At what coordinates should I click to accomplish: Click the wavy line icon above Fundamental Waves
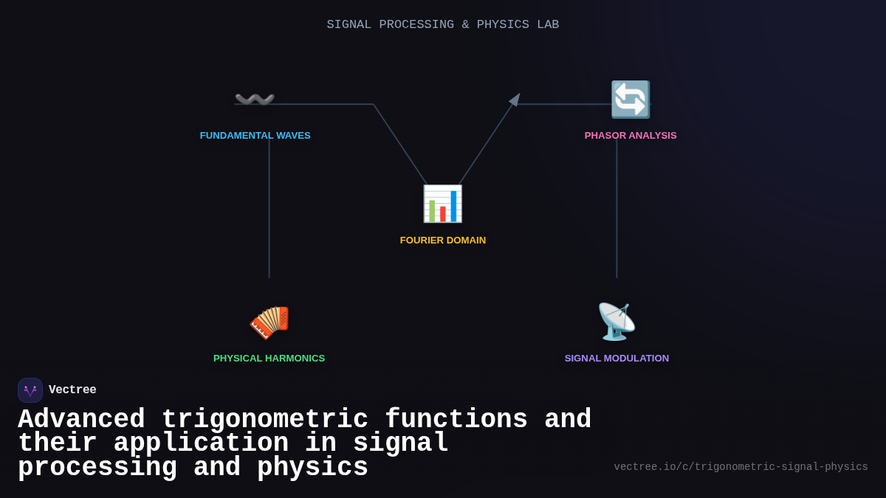tap(255, 99)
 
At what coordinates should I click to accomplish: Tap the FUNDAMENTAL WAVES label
tap(255, 136)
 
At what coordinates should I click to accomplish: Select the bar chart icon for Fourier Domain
tap(442, 204)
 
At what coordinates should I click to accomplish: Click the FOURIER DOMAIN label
tap(442, 241)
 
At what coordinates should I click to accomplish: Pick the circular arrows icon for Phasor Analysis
tap(630, 100)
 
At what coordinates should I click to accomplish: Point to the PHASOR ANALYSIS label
tap(630, 136)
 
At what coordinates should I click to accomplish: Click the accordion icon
tap(269, 322)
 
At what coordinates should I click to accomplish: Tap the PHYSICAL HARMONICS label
tap(269, 359)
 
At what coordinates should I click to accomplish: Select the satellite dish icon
tap(616, 322)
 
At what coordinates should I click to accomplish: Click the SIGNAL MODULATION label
tap(617, 359)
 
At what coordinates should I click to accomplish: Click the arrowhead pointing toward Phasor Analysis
tap(515, 100)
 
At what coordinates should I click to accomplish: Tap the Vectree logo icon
tap(30, 390)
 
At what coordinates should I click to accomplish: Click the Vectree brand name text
tap(72, 390)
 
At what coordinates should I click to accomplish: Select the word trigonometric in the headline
tap(264, 420)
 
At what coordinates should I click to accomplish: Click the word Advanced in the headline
tap(81, 420)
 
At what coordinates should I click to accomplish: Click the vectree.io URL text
tap(741, 467)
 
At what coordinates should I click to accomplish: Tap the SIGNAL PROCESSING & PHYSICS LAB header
tap(442, 25)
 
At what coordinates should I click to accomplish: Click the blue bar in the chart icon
tap(453, 207)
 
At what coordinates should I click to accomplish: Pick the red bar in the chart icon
tap(443, 214)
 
